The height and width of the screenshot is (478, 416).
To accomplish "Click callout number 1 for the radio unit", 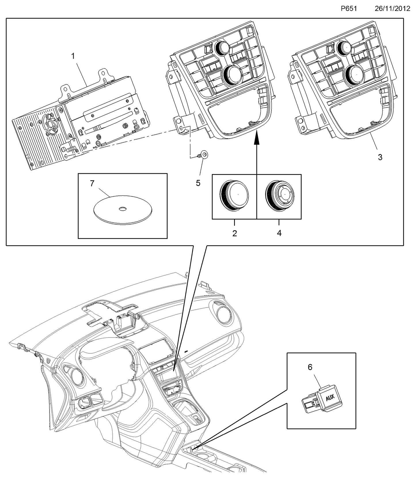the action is coord(73,56).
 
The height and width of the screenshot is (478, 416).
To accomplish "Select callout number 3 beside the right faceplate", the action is coord(380,157).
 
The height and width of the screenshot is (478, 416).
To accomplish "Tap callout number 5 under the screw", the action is coord(198,183).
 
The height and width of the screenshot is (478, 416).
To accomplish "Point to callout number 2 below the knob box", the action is coord(235,233).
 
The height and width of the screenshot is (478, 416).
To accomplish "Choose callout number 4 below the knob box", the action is coord(279,233).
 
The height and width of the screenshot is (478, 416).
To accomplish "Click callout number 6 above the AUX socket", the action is coord(310,367).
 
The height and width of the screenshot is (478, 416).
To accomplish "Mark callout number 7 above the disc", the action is coord(92,183).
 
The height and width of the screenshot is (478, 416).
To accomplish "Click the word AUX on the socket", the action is coord(330,399).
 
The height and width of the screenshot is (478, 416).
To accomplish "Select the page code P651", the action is coord(349,9).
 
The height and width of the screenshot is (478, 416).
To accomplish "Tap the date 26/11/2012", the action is coord(392,9).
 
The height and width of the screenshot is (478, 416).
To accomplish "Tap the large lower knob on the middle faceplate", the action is coord(233,75).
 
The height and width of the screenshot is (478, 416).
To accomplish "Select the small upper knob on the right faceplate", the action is coord(344,47).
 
